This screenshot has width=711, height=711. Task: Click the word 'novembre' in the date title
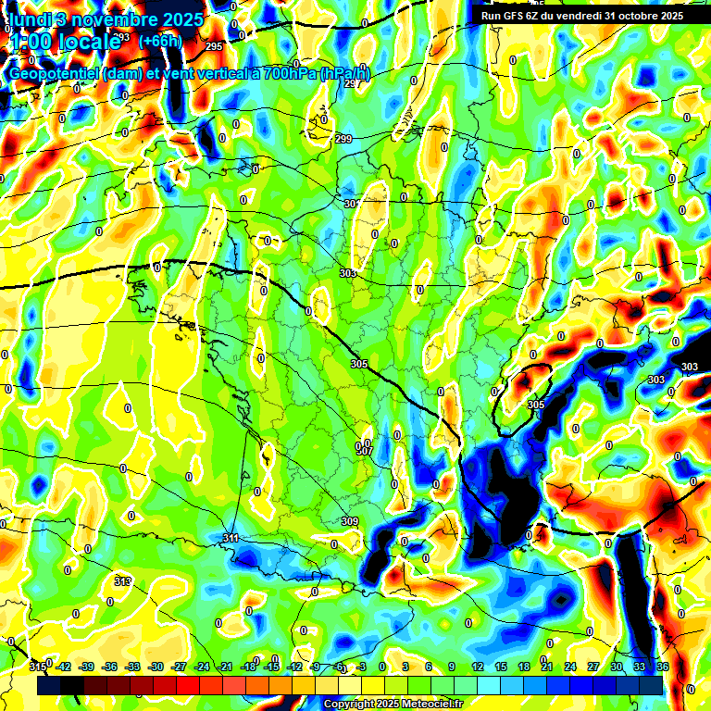[114, 19]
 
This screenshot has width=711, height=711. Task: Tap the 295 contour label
[214, 46]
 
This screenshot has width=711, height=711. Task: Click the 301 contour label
[351, 204]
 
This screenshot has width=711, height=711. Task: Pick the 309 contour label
[349, 522]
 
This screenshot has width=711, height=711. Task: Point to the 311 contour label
[231, 538]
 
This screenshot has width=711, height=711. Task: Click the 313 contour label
[122, 581]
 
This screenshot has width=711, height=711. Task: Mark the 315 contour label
[37, 667]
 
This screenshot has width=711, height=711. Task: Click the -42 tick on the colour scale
[65, 667]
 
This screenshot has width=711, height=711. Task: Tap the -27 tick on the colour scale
[180, 667]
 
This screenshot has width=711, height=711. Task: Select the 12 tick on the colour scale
[478, 667]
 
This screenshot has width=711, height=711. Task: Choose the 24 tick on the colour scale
[570, 667]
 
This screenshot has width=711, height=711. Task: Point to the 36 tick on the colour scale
[662, 667]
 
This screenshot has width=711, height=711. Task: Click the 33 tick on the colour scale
[639, 667]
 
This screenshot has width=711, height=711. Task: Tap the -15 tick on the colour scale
[271, 667]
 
